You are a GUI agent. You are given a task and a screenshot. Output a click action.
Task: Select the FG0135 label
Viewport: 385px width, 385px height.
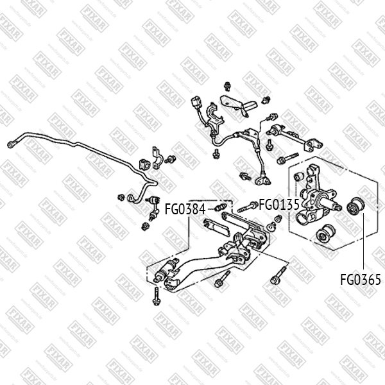(x=280, y=205)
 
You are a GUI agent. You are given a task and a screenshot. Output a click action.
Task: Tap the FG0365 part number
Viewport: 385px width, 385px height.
(x=360, y=280)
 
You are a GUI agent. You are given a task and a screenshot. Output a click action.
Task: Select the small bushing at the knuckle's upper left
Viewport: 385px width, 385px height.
(x=296, y=173)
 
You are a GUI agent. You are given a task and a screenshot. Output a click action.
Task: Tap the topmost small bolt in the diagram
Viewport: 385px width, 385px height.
(x=228, y=85)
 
